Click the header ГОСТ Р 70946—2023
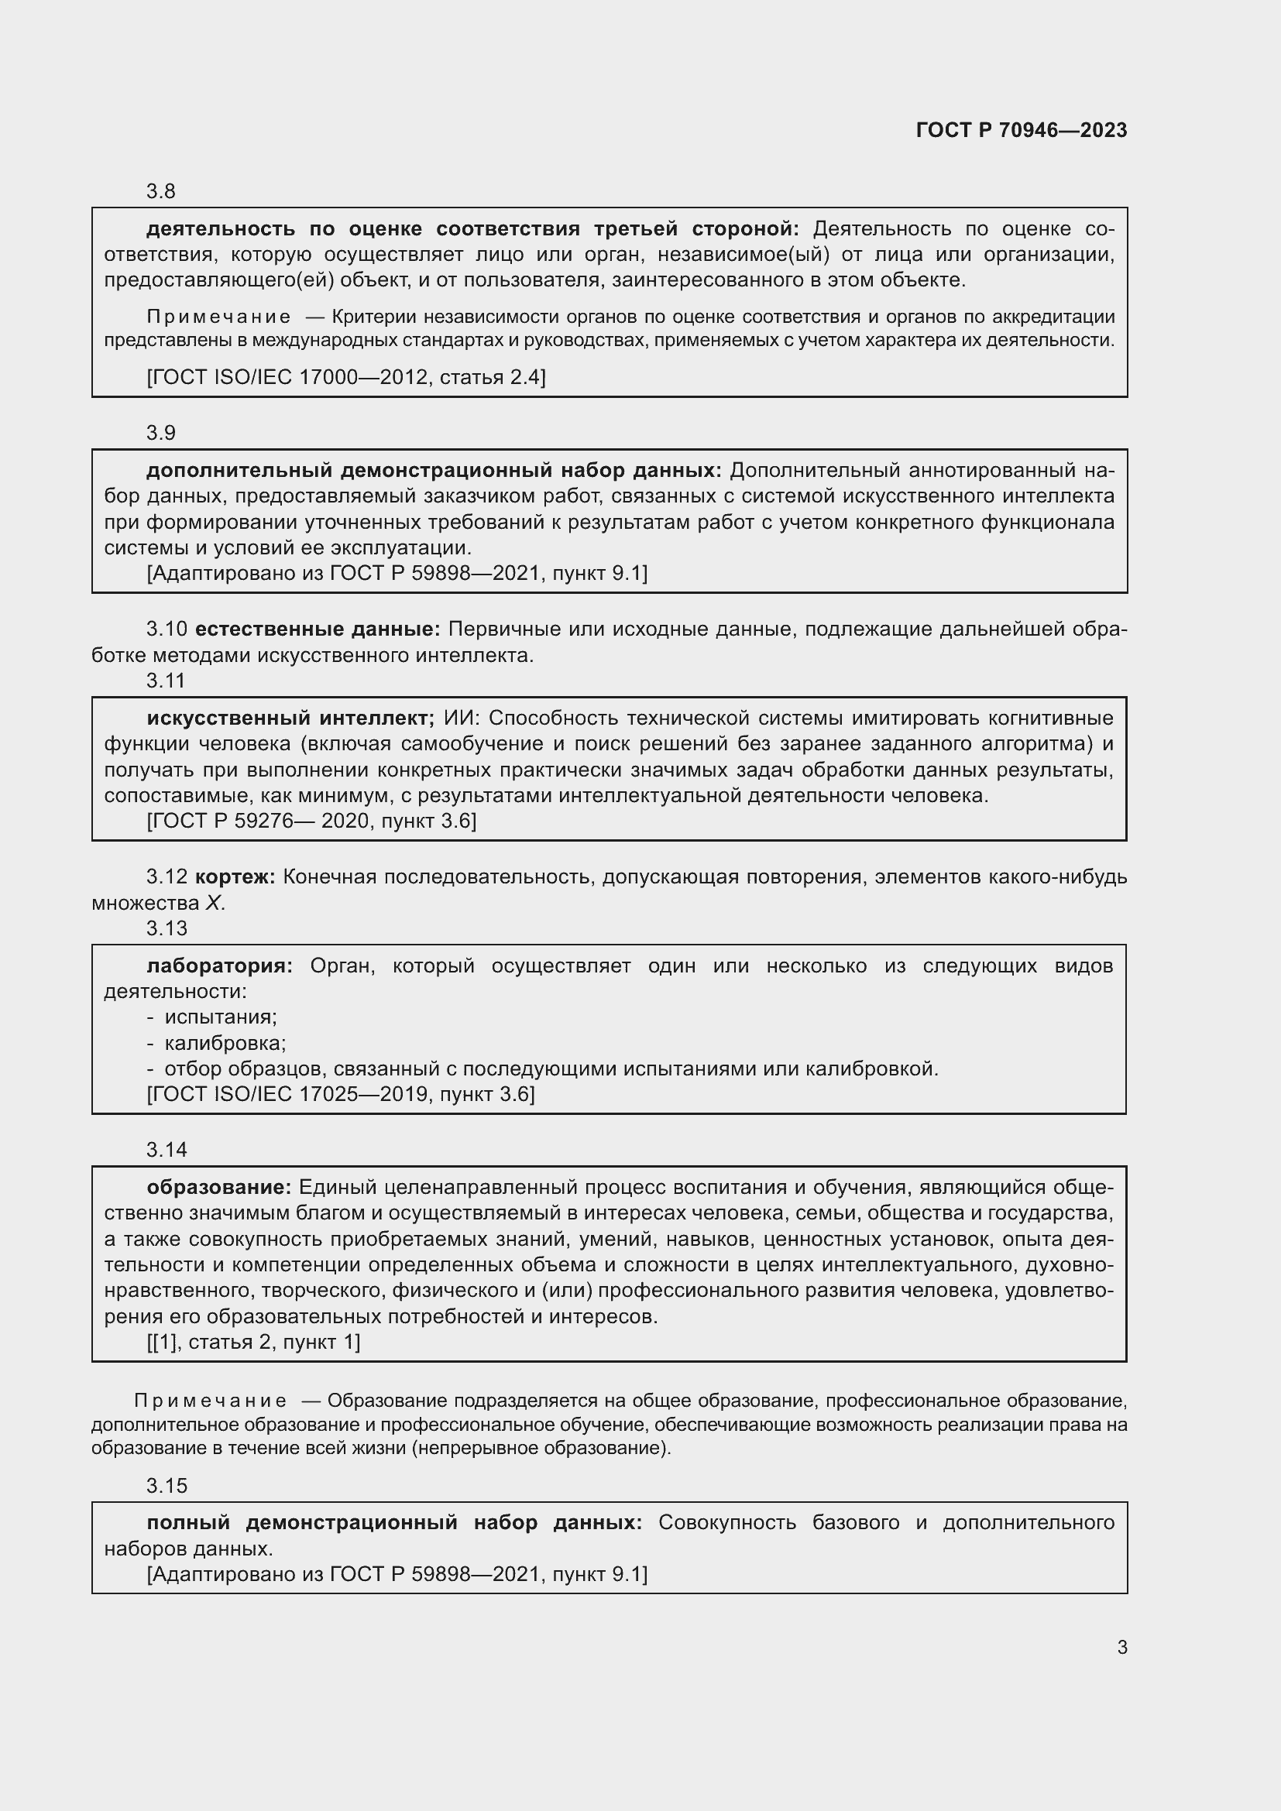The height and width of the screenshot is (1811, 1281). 1022,130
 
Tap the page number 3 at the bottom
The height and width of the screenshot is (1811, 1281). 1121,1647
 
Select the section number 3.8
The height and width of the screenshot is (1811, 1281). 161,192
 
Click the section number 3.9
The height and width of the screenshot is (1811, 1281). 161,433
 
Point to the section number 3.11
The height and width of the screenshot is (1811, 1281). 166,681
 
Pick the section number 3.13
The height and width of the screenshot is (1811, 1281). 167,928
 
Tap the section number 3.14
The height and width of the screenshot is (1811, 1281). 167,1150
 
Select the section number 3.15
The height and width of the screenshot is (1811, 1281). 167,1486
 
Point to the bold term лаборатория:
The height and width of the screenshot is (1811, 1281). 219,966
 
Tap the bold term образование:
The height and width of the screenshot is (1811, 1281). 218,1188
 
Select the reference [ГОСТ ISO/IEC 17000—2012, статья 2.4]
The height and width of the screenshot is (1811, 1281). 345,377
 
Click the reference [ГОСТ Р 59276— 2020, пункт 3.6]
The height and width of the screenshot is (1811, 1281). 311,821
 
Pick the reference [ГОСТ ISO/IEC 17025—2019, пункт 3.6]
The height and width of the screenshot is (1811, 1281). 341,1094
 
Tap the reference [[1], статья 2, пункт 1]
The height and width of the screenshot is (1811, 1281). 253,1342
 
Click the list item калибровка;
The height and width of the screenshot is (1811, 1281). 225,1044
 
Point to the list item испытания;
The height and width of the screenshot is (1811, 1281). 221,1017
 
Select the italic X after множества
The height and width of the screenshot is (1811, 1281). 213,903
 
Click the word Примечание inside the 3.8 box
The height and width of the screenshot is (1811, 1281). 218,317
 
